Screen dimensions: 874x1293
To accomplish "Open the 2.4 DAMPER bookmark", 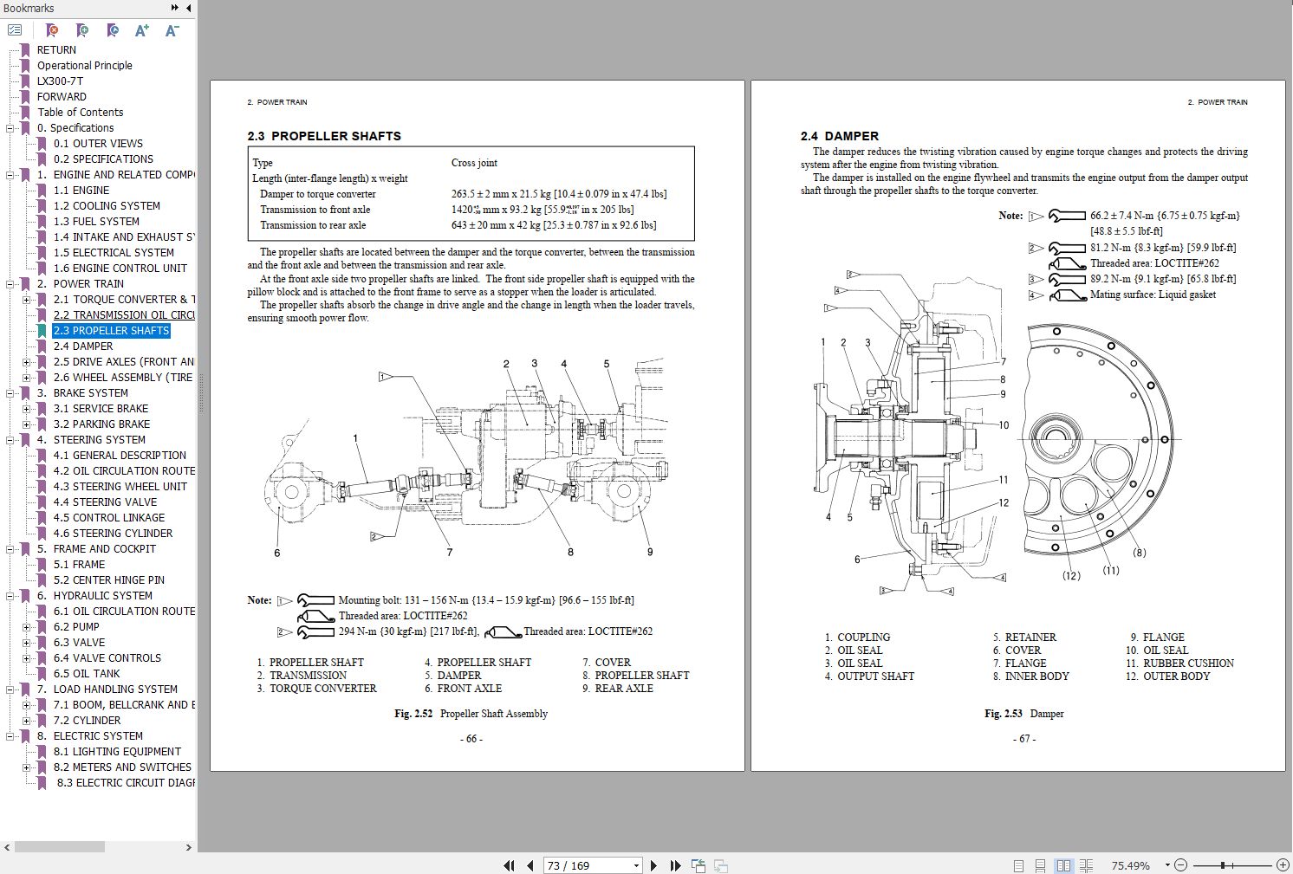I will click(x=83, y=346).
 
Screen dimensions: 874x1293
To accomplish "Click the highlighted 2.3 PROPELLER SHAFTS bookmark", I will click(x=111, y=330).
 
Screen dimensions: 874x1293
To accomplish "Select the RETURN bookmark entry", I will click(x=56, y=49).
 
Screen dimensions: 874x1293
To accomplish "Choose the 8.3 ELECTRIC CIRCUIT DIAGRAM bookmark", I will click(x=126, y=782).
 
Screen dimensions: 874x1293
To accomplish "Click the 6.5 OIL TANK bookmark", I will click(x=87, y=673).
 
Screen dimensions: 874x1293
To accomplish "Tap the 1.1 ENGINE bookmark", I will click(x=81, y=190).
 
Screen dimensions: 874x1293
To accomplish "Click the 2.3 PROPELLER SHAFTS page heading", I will click(x=324, y=136).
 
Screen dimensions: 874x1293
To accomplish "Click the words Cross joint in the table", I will click(x=474, y=163).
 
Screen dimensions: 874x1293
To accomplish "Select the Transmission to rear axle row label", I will click(x=313, y=225).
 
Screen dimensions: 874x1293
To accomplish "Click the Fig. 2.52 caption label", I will click(x=413, y=714).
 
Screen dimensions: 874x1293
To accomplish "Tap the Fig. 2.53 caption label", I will click(x=1004, y=714).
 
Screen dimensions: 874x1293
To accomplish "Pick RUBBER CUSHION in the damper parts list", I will click(x=1188, y=664).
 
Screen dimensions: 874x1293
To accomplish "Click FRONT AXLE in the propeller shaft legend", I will click(x=469, y=689).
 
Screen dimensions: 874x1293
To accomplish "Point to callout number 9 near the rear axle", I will click(x=650, y=552).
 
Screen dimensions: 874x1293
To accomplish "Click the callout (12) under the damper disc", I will click(x=1071, y=575).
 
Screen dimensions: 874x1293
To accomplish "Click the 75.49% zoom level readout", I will click(x=1130, y=865).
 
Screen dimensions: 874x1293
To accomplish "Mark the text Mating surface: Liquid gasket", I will click(x=1153, y=295).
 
